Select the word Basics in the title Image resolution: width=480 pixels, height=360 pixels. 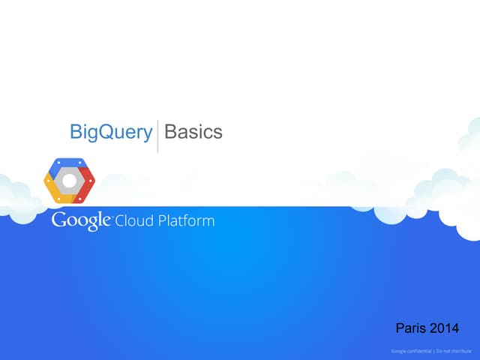[193, 132]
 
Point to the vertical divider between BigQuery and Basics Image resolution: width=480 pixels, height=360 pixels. [157, 135]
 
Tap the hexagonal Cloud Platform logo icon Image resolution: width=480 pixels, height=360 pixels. [69, 181]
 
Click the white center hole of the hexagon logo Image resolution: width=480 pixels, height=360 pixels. [69, 181]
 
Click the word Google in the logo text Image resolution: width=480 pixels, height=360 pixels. [81, 222]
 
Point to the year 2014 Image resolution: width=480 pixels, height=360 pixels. [444, 328]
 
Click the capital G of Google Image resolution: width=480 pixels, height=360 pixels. [58, 221]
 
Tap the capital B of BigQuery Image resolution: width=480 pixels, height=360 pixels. [75, 132]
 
